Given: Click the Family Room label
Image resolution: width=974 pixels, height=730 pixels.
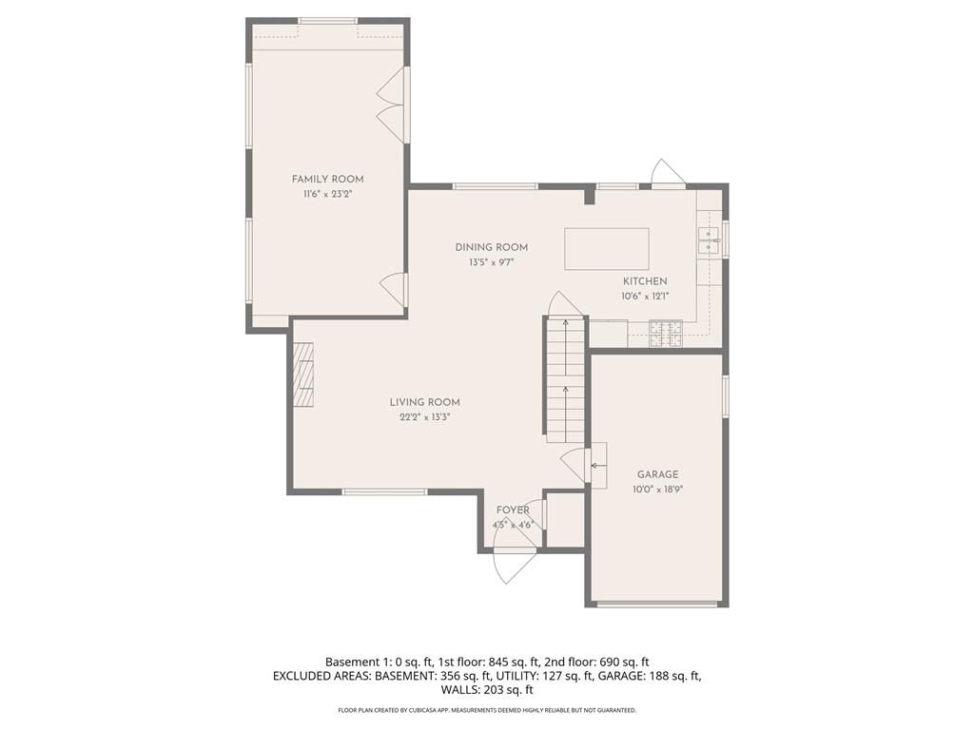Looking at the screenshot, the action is (327, 180).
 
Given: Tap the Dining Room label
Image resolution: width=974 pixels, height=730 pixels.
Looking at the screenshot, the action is (492, 247).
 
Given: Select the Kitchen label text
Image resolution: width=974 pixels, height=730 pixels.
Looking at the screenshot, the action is (645, 281).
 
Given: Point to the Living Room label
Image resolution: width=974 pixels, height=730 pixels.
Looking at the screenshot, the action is (425, 402).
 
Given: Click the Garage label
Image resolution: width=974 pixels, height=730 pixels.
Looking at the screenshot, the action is (658, 474).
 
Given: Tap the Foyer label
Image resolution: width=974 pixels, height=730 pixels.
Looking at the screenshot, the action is (513, 510).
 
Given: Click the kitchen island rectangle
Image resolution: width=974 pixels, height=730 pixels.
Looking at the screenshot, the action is (607, 249).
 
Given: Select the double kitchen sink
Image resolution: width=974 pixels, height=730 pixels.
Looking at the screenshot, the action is (710, 240).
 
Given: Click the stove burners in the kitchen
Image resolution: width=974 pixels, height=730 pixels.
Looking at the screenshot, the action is (666, 334).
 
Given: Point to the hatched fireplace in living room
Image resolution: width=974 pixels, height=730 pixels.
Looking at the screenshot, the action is (303, 375).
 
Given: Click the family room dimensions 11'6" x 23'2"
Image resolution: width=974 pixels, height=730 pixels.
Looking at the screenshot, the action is (328, 194).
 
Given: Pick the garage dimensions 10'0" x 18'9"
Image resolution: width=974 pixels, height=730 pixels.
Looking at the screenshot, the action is (658, 490).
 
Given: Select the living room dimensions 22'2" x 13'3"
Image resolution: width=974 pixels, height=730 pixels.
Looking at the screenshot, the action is (425, 417).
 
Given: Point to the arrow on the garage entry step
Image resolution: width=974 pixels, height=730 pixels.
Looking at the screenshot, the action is (596, 465).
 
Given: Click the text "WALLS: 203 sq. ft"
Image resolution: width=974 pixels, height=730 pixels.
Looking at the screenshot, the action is (487, 690).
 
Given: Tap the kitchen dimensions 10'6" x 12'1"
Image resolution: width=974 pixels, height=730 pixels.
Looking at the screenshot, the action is (645, 297).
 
